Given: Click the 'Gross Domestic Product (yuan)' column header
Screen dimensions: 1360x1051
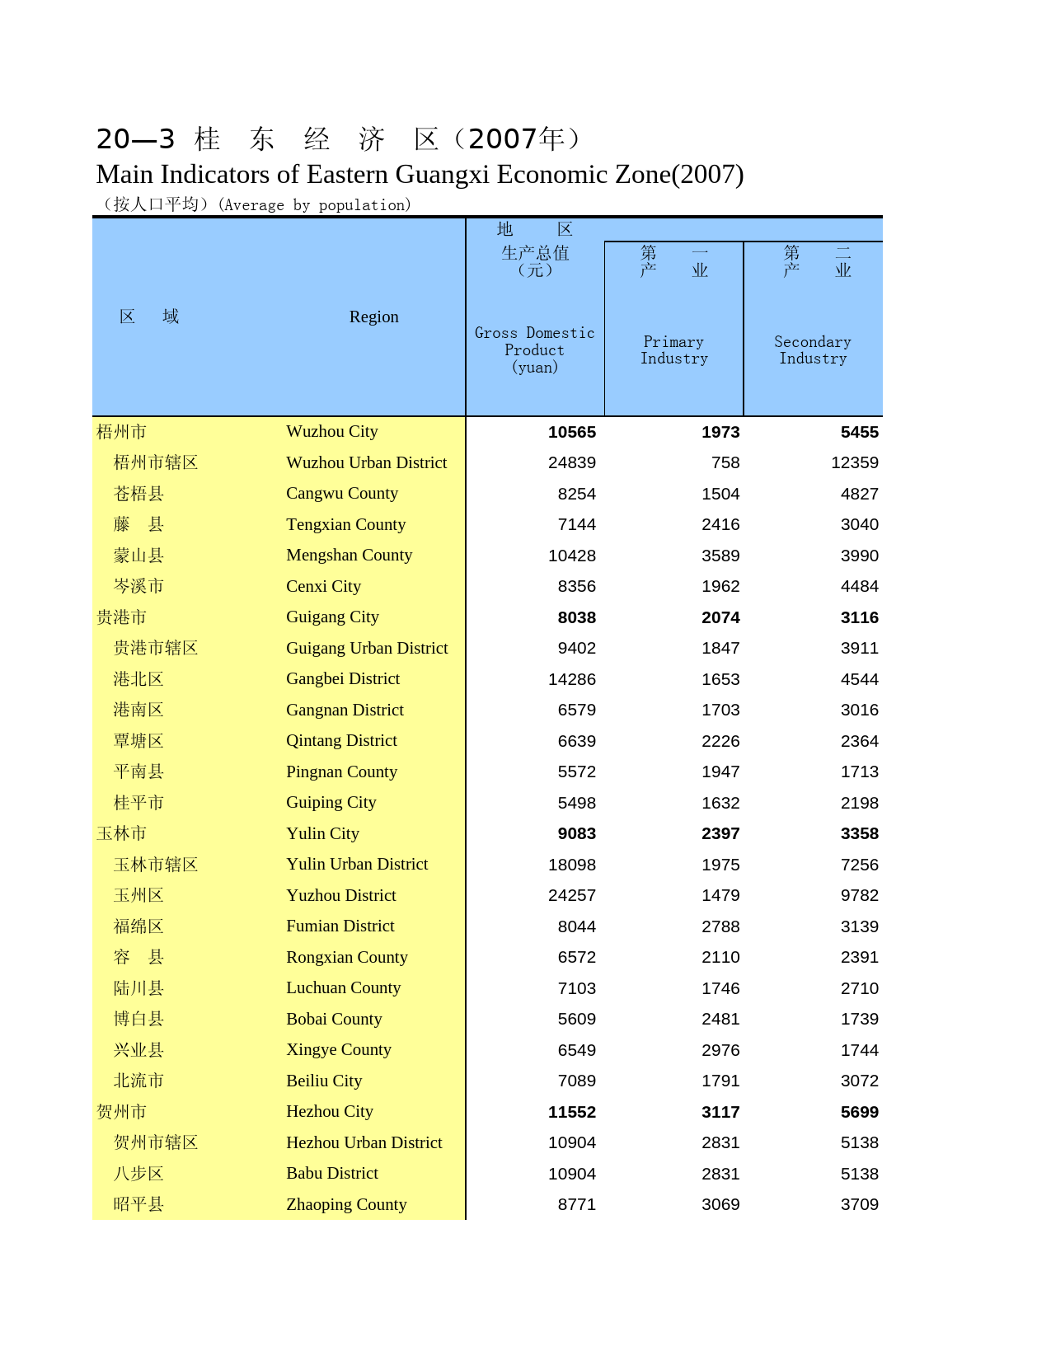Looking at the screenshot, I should [534, 349].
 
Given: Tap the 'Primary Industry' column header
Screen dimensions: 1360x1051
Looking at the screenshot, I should [673, 349].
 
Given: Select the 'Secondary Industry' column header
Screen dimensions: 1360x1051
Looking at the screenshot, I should [812, 349].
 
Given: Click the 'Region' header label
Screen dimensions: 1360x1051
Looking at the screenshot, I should [373, 317].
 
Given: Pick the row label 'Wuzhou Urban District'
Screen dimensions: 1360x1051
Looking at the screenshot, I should [366, 462].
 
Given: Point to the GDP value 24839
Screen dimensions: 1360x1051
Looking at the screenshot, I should [571, 462].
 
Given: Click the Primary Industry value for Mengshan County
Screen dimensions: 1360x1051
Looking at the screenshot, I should [720, 556].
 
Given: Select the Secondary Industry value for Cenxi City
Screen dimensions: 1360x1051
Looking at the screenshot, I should [859, 586].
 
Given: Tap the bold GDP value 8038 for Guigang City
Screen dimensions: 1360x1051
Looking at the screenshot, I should [576, 617].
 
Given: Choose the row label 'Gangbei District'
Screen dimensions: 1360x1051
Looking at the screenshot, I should [342, 678].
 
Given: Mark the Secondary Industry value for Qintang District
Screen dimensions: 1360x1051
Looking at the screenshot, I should [859, 741].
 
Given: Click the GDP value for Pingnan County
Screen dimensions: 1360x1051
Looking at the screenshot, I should [576, 771].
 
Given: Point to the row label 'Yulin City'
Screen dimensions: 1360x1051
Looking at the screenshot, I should [322, 833].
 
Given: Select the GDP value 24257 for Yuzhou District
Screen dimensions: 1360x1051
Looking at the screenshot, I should [571, 895].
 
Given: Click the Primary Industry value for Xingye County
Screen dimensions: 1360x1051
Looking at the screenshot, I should [720, 1050].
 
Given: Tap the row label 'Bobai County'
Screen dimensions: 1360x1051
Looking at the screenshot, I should [334, 1019].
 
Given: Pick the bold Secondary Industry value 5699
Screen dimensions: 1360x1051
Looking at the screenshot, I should [859, 1112].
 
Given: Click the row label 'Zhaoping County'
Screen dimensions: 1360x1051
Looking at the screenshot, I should [346, 1204].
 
